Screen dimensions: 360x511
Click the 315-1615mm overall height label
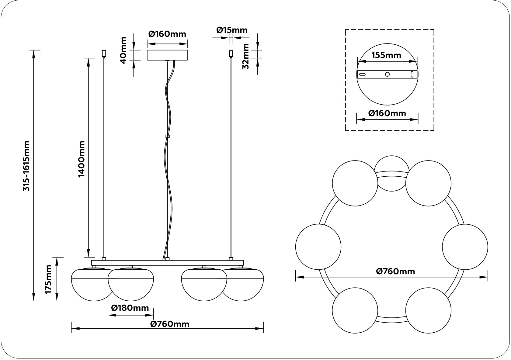[x=27, y=166]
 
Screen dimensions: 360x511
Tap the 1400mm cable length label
[x=82, y=159]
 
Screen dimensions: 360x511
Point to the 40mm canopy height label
[x=123, y=50]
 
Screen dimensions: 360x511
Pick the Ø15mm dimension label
[x=232, y=30]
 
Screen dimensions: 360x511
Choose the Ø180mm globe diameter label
[x=130, y=308]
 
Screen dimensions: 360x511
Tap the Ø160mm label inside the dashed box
[x=387, y=113]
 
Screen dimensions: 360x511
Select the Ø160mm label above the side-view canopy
[x=167, y=34]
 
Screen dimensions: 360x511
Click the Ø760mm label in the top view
[x=395, y=271]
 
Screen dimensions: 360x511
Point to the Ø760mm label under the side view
[x=170, y=324]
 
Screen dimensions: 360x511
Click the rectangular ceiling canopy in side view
[x=167, y=55]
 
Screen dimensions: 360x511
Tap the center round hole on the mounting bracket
[x=387, y=74]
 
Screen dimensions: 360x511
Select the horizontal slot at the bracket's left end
[x=362, y=74]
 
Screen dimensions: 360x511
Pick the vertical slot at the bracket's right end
[x=412, y=74]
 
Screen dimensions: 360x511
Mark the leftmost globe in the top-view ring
[x=318, y=247]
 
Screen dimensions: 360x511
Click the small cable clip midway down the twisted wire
[x=167, y=136]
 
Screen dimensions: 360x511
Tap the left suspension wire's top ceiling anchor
[x=104, y=54]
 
